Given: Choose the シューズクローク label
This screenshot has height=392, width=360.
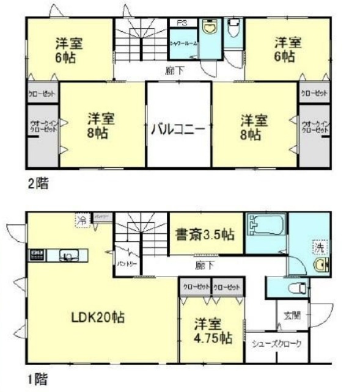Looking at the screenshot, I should coord(277,344).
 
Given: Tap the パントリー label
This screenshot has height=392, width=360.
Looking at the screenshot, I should coord(127,263).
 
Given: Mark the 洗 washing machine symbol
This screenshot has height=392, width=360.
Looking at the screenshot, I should coord(319,248).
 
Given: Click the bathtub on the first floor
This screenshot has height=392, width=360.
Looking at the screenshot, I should coord(266,225).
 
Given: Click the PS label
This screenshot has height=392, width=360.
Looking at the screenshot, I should coord(182,23).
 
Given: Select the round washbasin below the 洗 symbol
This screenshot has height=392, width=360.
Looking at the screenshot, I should coord(320,265).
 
